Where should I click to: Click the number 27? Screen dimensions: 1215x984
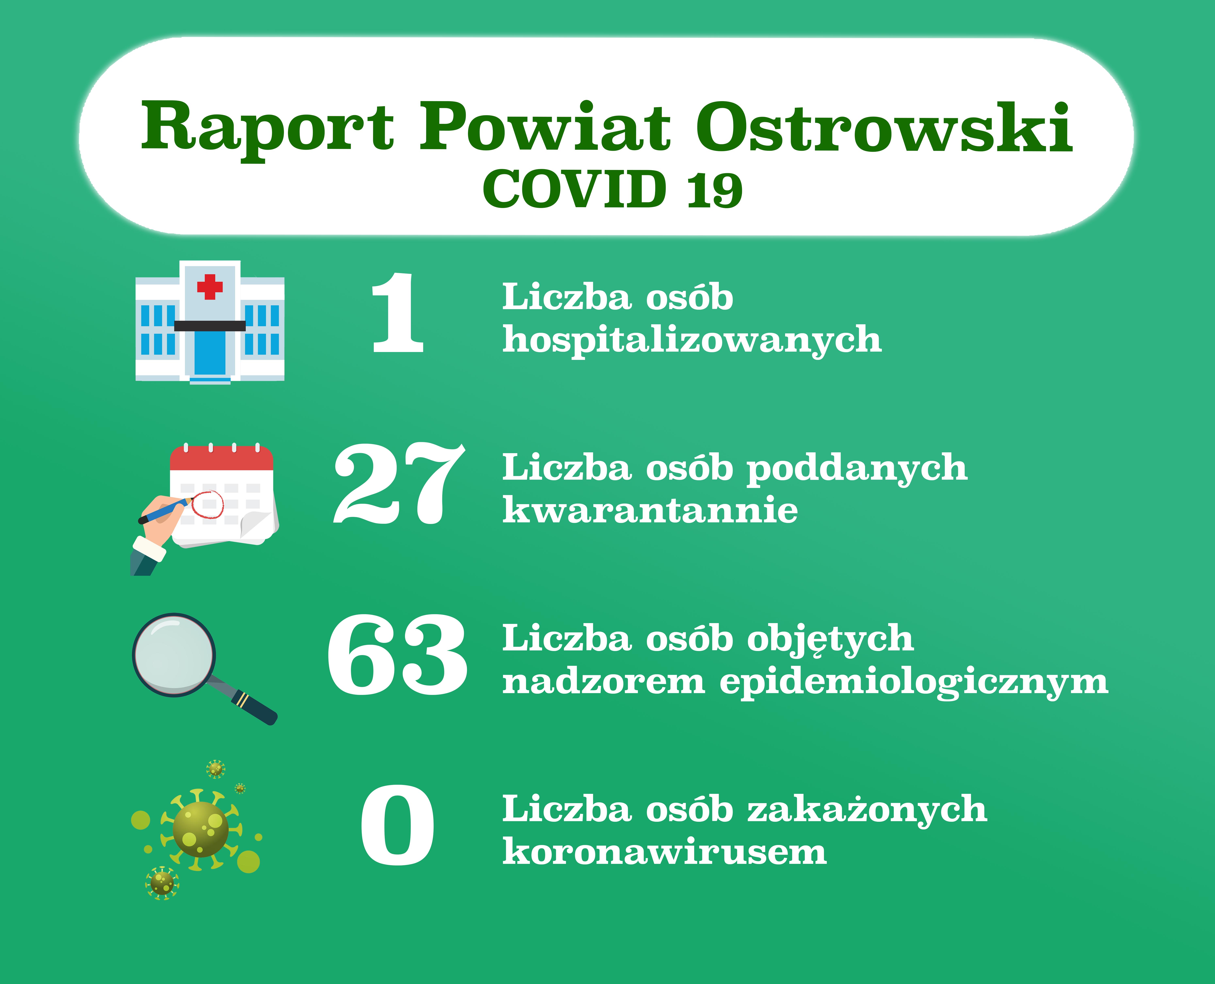pos(399,484)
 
